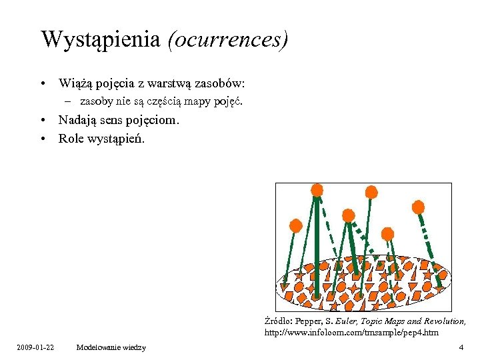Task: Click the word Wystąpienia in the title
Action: [100, 39]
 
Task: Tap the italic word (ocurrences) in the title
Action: [227, 39]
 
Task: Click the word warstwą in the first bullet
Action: [167, 84]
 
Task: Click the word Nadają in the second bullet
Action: [77, 121]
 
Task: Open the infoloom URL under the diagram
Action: [351, 332]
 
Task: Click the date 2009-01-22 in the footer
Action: [36, 347]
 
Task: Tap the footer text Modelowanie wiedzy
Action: [111, 347]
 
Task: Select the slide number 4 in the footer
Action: [461, 347]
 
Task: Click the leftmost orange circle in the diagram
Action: [296, 225]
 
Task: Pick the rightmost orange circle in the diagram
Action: [419, 207]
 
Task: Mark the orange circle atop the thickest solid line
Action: [317, 189]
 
